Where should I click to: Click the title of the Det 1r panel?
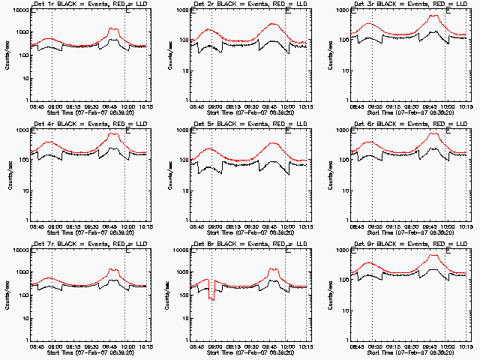pos(88,4)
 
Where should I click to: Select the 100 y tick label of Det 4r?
pos(22,160)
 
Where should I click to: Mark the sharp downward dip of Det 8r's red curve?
pos(210,298)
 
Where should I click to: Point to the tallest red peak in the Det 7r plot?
pos(113,269)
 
